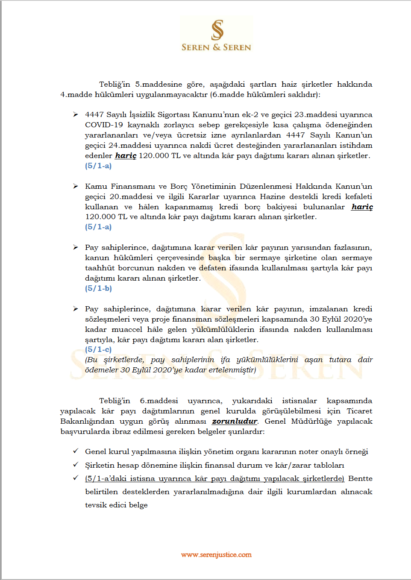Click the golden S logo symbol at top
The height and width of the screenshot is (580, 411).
click(217, 30)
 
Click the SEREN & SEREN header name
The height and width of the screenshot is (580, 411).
click(216, 47)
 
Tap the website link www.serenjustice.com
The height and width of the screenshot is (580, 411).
click(216, 555)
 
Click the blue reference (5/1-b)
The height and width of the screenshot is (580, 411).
click(98, 288)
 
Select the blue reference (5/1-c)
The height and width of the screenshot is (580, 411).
click(98, 349)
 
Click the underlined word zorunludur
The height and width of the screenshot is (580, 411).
click(235, 421)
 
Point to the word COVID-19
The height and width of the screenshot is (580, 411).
click(104, 125)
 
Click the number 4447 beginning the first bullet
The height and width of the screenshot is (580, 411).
click(94, 114)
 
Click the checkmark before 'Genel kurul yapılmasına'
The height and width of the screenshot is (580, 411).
click(76, 451)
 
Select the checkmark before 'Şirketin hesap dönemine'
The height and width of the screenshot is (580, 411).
click(76, 465)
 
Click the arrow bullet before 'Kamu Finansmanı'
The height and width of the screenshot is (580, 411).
click(76, 186)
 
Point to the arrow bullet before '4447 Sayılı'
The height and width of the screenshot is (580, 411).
click(76, 114)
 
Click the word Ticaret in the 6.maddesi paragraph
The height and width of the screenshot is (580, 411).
click(359, 411)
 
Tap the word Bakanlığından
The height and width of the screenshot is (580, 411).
click(87, 421)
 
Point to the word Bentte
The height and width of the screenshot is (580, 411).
click(360, 478)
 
